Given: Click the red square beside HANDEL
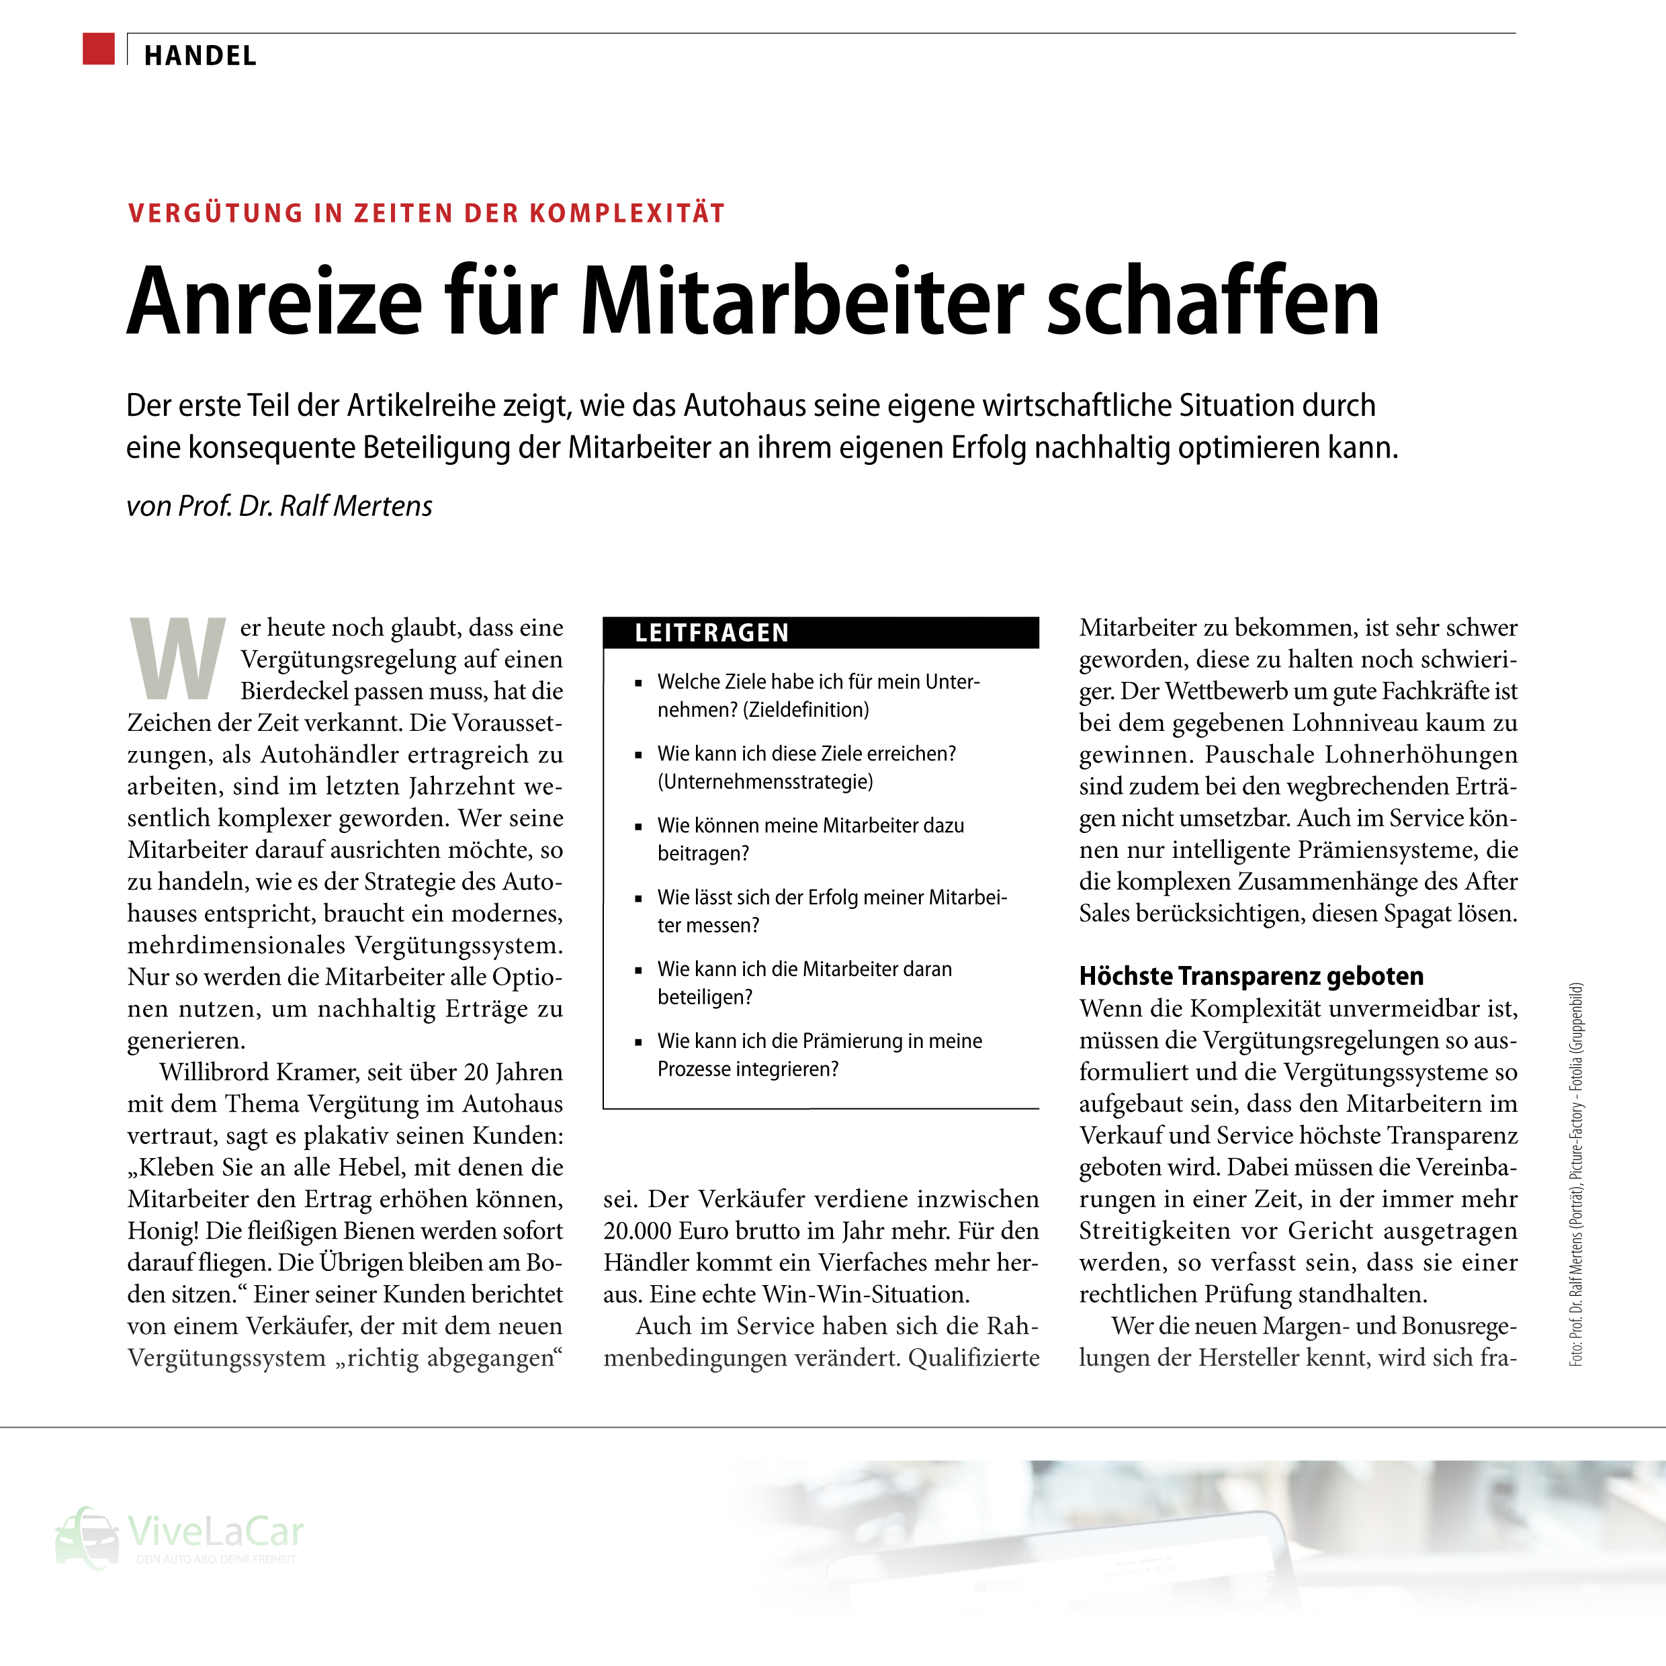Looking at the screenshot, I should tap(98, 49).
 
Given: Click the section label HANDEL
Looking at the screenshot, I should tap(200, 56).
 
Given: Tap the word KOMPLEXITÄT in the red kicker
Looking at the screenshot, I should tap(627, 213).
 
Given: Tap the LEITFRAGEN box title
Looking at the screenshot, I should tap(711, 633).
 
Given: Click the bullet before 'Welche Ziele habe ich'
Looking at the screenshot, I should tap(638, 683).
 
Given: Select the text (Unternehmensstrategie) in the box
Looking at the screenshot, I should tap(765, 782).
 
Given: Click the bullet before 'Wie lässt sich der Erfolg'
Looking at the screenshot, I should tap(638, 899).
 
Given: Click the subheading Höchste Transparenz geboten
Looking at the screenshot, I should tap(1250, 976).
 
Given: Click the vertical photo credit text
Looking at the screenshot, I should tap(1575, 1174).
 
